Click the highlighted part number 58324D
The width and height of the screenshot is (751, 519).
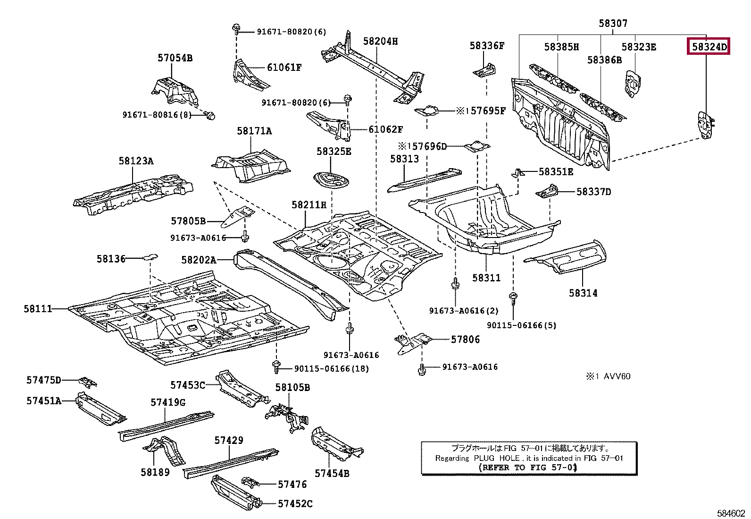pos(709,47)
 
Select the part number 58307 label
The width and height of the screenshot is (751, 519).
pos(613,23)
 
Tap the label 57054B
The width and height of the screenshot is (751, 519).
pos(175,58)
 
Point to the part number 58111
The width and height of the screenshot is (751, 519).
pos(38,309)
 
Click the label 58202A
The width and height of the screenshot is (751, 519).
pos(199,260)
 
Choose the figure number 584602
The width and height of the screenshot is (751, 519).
pos(730,513)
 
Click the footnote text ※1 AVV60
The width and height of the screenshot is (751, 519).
pos(608,376)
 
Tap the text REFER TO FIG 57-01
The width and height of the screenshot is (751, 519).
pos(528,468)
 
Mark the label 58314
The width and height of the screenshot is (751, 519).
pos(583,293)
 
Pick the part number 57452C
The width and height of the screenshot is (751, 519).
pos(295,504)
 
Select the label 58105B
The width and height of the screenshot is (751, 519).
pos(292,388)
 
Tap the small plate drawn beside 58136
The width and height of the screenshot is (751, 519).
pos(150,257)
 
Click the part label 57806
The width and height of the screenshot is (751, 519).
pos(465,339)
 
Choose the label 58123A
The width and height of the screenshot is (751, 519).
pos(136,161)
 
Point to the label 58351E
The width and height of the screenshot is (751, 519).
pos(556,172)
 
